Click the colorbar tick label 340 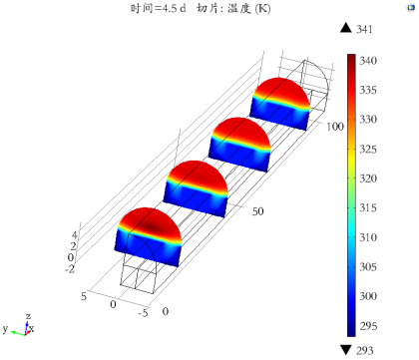[x=368, y=61]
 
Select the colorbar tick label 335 [x=368, y=90]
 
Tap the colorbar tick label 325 [x=368, y=149]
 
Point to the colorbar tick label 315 [x=368, y=207]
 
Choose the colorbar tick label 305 [x=368, y=266]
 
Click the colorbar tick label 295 [x=368, y=326]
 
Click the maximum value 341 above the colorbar [x=364, y=29]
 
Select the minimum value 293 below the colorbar [x=365, y=350]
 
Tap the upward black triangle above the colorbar [x=346, y=28]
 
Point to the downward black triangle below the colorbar [x=346, y=350]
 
